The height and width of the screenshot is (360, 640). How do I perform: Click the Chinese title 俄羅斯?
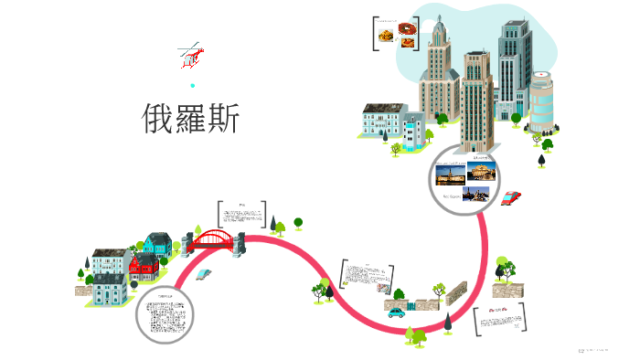(x=191, y=119)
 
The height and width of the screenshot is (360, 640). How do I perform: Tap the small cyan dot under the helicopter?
(x=192, y=85)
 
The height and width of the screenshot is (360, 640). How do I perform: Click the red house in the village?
(x=144, y=267)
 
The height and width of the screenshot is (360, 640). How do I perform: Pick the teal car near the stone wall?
(x=396, y=312)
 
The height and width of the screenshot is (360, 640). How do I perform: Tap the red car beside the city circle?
(x=511, y=196)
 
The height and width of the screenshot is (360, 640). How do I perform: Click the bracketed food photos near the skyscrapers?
(x=395, y=35)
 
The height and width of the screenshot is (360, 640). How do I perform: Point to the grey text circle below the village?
(x=165, y=316)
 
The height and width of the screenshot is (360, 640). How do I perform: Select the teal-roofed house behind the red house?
(x=157, y=244)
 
